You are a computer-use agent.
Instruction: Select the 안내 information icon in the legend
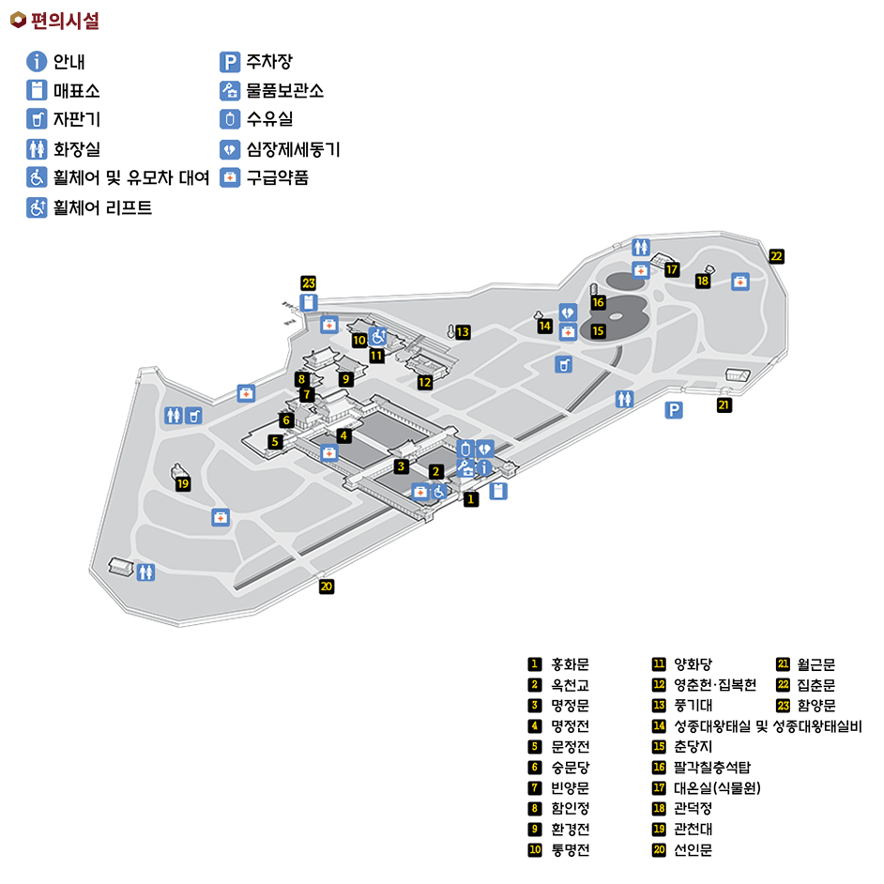[x=37, y=63]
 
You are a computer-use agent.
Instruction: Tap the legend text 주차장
[x=269, y=63]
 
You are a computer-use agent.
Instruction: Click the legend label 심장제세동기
[x=293, y=148]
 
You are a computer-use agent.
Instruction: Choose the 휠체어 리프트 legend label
[x=102, y=207]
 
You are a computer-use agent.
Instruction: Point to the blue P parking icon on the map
[x=673, y=409]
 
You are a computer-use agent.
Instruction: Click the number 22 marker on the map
[x=776, y=255]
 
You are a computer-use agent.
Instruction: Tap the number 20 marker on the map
[x=327, y=587]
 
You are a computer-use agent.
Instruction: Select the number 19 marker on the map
[x=183, y=484]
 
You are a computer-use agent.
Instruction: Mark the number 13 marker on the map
[x=463, y=331]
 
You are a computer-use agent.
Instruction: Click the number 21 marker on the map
[x=724, y=405]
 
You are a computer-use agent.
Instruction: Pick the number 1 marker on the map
[x=471, y=499]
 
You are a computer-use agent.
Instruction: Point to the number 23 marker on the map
[x=309, y=282]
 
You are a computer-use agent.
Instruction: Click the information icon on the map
[x=484, y=466]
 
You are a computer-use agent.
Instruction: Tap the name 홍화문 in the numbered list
[x=570, y=664]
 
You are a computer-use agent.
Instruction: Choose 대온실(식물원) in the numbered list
[x=716, y=788]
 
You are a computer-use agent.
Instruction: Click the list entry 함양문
[x=816, y=706]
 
